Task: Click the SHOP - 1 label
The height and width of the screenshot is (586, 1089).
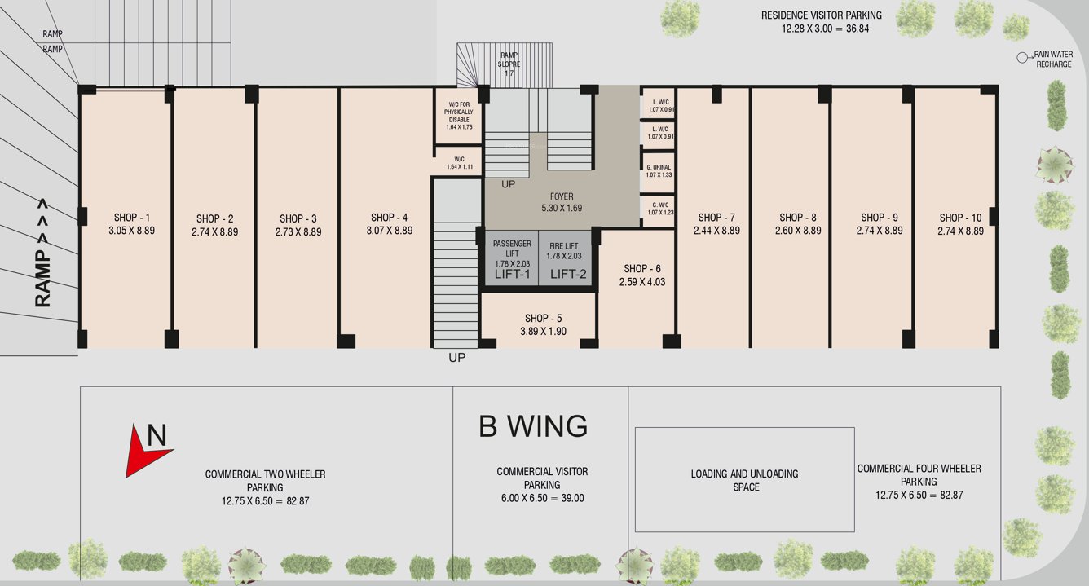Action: point(131,218)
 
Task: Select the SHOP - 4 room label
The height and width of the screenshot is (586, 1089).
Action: point(390,218)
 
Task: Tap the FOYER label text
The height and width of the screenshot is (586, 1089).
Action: point(562,196)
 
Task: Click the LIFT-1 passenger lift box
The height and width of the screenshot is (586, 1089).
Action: point(512,258)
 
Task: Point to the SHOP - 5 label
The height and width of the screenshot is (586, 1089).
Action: point(543,319)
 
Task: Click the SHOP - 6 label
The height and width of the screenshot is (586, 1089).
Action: point(641,269)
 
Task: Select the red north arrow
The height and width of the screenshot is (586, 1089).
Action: point(148,448)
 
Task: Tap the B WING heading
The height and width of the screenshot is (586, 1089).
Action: point(533,426)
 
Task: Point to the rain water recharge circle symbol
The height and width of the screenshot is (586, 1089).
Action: point(1021,58)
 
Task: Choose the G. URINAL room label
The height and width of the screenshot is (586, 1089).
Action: point(659,167)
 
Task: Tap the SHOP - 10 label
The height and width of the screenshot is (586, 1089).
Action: point(960,218)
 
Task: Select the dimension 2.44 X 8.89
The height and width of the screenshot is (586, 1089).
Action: point(716,231)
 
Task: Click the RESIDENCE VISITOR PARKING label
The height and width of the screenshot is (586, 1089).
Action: point(821,15)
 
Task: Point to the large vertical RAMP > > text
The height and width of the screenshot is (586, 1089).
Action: point(43,253)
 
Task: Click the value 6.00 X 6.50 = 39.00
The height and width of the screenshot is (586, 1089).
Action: point(542,498)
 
